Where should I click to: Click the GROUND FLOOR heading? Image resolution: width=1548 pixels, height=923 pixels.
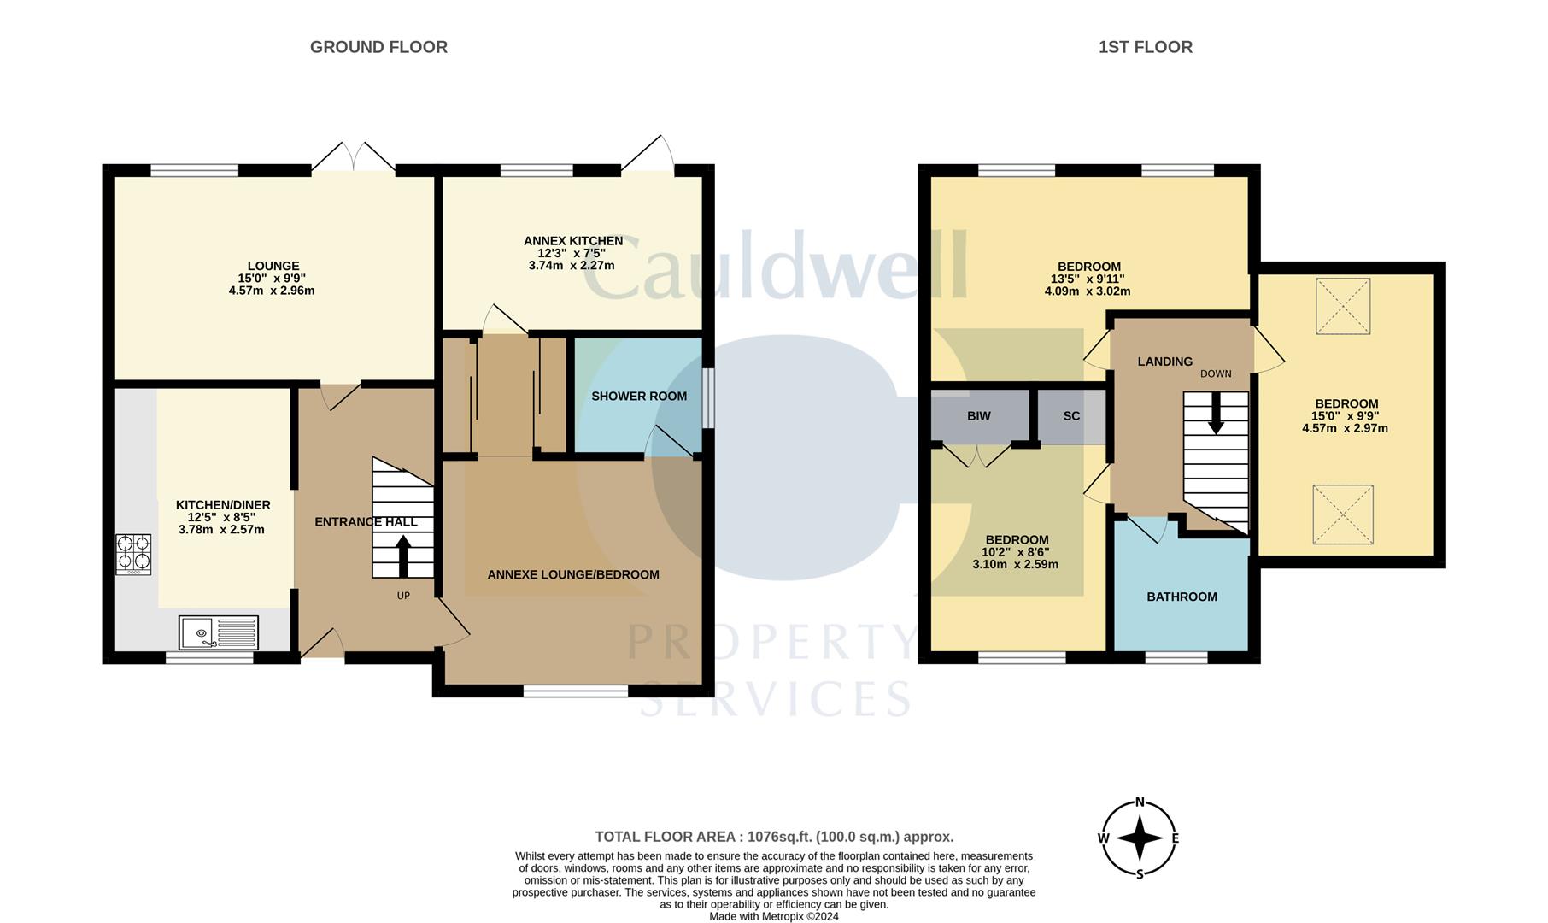pos(378,47)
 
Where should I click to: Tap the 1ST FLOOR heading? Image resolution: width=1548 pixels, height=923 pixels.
pos(1145,47)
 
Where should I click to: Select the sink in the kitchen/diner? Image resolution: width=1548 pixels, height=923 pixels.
pos(219,632)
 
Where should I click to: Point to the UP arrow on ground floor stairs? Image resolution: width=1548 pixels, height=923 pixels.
pos(403,556)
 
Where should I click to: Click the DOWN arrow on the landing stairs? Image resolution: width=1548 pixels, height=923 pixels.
pos(1215,415)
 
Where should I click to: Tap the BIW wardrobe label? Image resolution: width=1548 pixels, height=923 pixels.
pos(979,416)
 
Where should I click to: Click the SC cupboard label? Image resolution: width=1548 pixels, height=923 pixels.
pos(1071,416)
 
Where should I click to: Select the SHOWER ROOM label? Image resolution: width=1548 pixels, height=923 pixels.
pos(639,397)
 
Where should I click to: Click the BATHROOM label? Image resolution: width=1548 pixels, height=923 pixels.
pos(1182,597)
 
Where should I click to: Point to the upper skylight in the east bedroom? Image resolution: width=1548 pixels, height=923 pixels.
pos(1343,307)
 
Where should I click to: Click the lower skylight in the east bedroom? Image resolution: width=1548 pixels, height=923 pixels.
pos(1343,514)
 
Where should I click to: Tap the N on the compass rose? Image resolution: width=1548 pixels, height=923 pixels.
pos(1140,802)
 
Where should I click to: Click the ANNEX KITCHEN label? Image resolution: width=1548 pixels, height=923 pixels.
pos(572,241)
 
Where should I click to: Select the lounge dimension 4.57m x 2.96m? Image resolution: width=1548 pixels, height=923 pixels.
pos(272,291)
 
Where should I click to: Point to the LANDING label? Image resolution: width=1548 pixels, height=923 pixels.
pos(1164,362)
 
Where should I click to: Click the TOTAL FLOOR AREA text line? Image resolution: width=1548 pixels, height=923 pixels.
pos(774,837)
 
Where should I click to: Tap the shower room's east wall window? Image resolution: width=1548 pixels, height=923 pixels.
pos(708,397)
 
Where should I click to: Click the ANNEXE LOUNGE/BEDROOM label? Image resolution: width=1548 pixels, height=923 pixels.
pos(573,574)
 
